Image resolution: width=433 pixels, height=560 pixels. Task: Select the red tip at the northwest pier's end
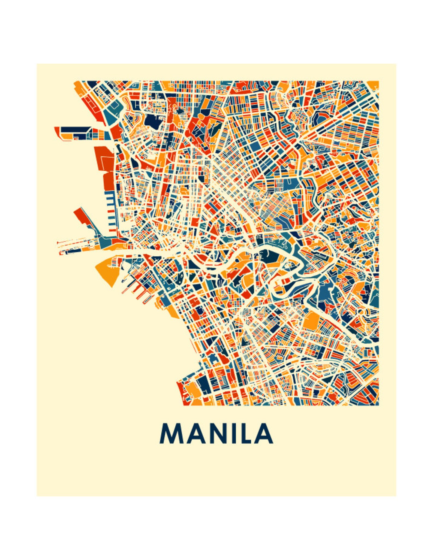click(x=57, y=131)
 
